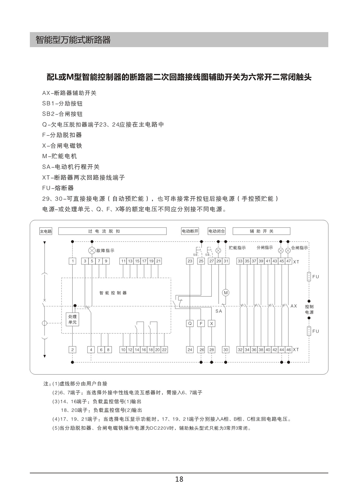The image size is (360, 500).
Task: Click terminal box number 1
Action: pyautogui.click(x=73, y=261)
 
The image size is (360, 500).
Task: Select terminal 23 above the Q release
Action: pyautogui.click(x=190, y=261)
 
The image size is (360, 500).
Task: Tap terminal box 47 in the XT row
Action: pyautogui.click(x=289, y=261)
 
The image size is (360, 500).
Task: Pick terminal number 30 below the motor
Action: pyautogui.click(x=226, y=350)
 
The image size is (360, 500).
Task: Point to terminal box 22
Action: pyautogui.click(x=164, y=350)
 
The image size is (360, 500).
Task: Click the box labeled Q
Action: pyautogui.click(x=190, y=323)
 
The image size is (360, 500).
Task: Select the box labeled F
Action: pyautogui.click(x=201, y=323)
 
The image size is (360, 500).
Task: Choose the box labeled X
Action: pyautogui.click(x=212, y=323)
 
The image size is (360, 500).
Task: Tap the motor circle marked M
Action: pyautogui.click(x=226, y=292)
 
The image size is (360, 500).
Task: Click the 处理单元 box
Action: pyautogui.click(x=72, y=319)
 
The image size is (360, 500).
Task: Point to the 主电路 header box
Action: pyautogui.click(x=46, y=231)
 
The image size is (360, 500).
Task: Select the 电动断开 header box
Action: pyautogui.click(x=190, y=231)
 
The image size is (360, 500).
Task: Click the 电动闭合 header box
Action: pyautogui.click(x=217, y=231)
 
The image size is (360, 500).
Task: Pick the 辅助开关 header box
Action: pyautogui.click(x=261, y=231)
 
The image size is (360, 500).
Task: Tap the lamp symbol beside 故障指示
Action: pyautogui.click(x=92, y=250)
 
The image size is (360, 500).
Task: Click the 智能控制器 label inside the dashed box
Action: pyautogui.click(x=113, y=293)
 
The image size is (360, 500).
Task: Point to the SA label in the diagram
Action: pyautogui.click(x=219, y=311)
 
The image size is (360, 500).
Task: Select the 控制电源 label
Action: pyautogui.click(x=309, y=309)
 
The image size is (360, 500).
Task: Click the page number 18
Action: pyautogui.click(x=179, y=479)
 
